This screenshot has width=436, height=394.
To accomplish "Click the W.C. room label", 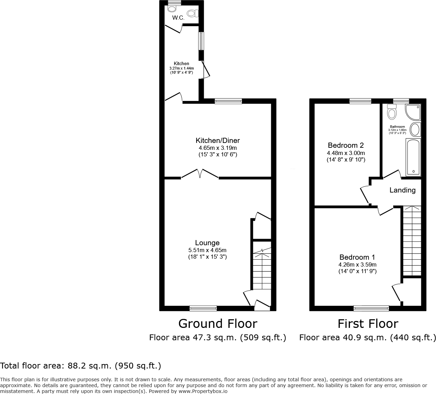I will (x=178, y=18).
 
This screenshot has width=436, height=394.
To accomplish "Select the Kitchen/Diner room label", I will (x=217, y=141).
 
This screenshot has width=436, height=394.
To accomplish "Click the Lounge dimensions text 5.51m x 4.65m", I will (x=207, y=250).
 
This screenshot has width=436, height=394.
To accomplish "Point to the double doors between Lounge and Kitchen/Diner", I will (x=200, y=174).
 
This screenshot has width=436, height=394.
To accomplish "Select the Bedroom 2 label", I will (x=345, y=145).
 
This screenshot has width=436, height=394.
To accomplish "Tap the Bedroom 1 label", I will (x=357, y=257).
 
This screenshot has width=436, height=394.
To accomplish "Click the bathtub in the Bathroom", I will (x=413, y=157).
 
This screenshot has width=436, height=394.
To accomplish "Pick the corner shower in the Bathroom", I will (x=413, y=112).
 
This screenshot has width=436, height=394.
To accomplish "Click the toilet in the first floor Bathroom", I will (x=392, y=112).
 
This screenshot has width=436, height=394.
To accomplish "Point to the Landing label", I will (x=402, y=190).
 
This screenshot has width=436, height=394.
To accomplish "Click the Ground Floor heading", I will (x=217, y=324).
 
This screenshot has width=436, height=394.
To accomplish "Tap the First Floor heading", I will (x=368, y=324).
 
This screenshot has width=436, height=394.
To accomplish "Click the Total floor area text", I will (x=81, y=365).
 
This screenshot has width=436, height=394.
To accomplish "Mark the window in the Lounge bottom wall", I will (x=203, y=308).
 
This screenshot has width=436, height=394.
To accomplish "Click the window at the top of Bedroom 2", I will (x=360, y=101).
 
